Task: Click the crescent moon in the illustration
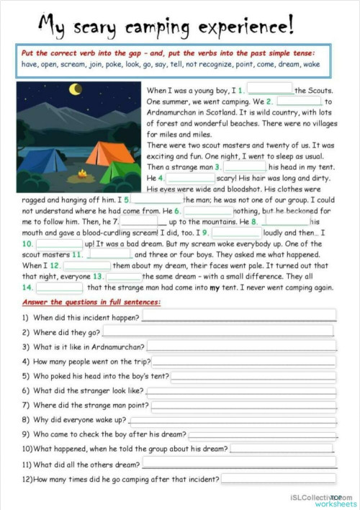75,89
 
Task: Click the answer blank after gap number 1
270,91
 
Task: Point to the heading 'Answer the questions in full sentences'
91,302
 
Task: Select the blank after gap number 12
86,266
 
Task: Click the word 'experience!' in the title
249,27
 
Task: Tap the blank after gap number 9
236,233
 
